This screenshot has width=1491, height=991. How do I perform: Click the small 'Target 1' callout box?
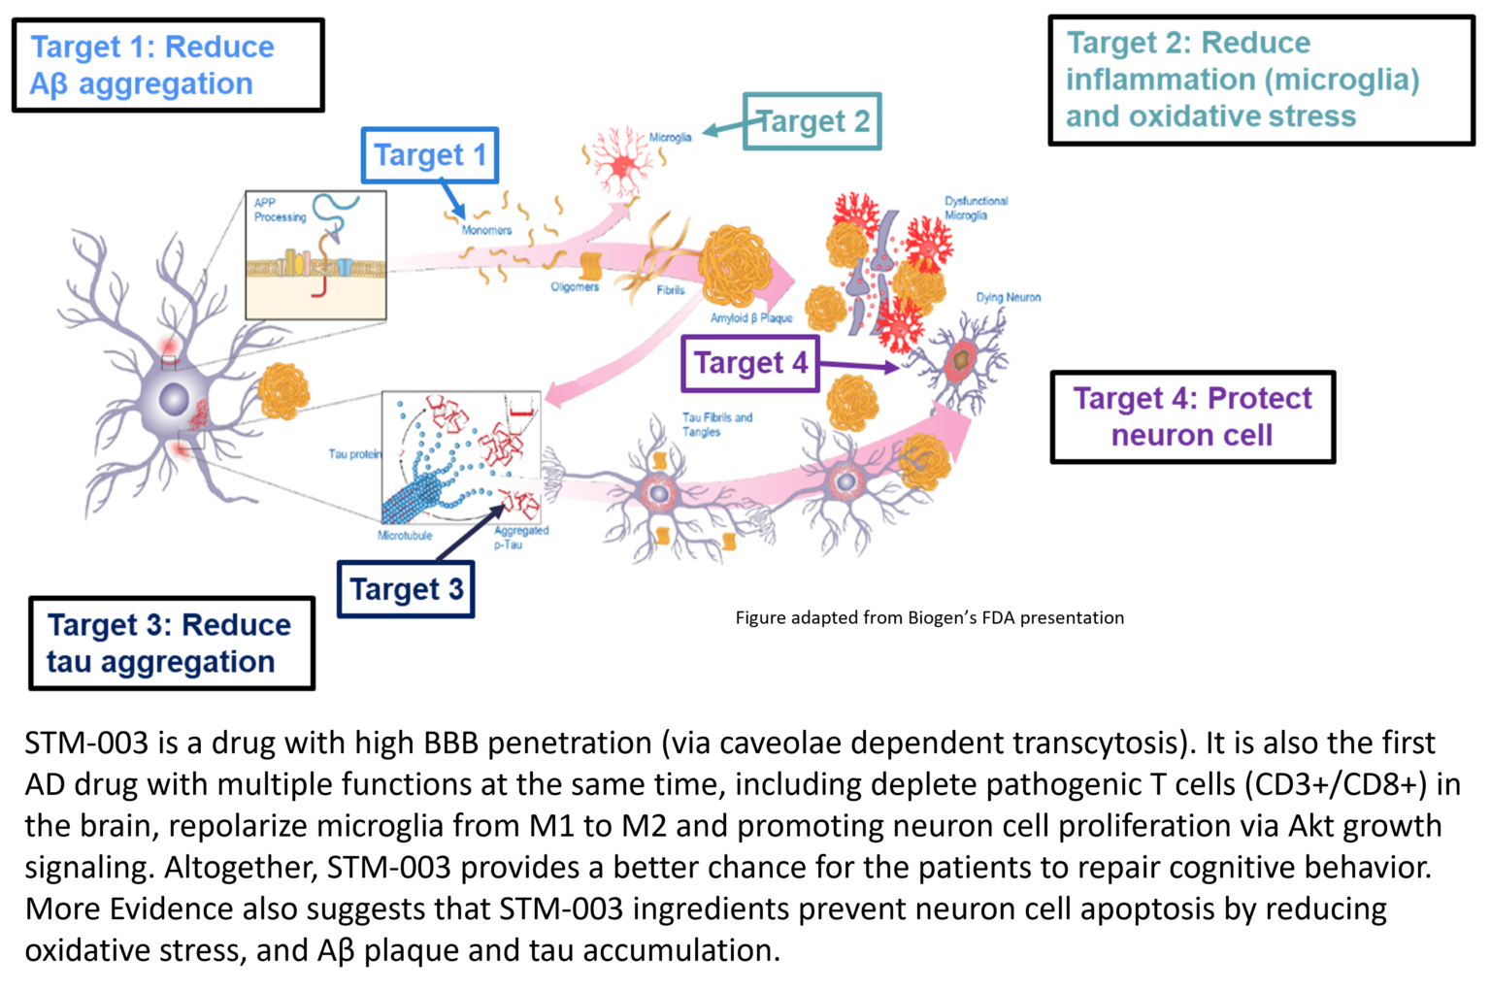tap(430, 155)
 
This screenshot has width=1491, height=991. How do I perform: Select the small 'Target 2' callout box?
tap(812, 121)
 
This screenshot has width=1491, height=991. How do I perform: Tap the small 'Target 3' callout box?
tap(406, 589)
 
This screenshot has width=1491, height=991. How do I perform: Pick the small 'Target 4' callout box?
tap(750, 363)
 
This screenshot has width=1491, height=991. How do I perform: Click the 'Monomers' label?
tap(486, 230)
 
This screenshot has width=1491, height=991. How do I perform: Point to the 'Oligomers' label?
tap(575, 287)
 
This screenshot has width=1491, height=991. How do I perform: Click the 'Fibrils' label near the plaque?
tap(670, 290)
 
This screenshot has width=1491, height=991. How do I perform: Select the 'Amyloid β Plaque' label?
tap(750, 318)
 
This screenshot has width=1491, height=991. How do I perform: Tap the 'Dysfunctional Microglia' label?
tap(976, 208)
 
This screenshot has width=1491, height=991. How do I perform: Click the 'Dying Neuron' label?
tap(1008, 298)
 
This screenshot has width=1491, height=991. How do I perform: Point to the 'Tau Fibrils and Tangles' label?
tap(716, 424)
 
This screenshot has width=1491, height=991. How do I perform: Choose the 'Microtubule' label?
tap(405, 536)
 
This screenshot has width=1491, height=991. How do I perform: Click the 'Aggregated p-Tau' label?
tap(520, 538)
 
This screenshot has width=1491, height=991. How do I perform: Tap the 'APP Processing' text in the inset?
tap(280, 210)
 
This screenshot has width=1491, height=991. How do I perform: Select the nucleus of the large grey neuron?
tap(174, 399)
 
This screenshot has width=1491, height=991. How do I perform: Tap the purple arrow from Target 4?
tap(859, 366)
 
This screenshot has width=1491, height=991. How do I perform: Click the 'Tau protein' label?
tap(354, 454)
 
